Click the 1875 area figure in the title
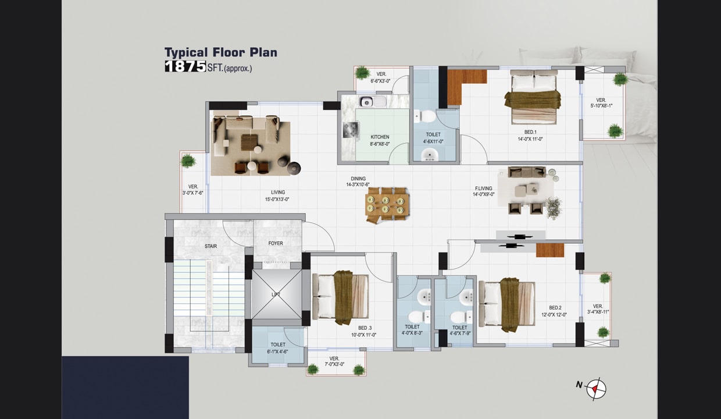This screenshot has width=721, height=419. click(x=185, y=66)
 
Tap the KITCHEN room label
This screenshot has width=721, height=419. click(x=380, y=137)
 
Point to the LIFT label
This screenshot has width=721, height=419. click(x=276, y=294)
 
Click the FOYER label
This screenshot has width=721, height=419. click(x=276, y=243)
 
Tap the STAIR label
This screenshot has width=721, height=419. click(x=211, y=246)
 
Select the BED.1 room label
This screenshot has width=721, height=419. click(x=530, y=132)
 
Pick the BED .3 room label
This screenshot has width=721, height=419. click(x=365, y=328)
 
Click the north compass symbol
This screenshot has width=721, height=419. click(x=596, y=388)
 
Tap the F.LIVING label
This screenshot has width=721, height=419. click(x=483, y=189)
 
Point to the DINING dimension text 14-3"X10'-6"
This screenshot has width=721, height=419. click(x=358, y=185)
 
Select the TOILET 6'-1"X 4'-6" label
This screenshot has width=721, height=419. click(x=278, y=348)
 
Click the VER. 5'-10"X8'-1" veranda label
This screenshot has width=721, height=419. click(x=601, y=103)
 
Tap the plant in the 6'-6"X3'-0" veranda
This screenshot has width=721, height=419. click(x=363, y=73)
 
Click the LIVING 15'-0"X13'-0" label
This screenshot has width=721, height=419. click(x=277, y=196)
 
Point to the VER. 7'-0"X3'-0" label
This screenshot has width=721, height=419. click(x=334, y=361)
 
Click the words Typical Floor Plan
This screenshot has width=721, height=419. click(x=221, y=52)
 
